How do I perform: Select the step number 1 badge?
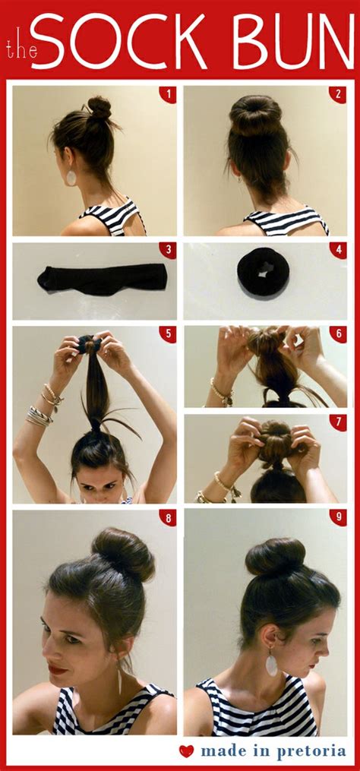[167, 94]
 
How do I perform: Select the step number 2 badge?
[338, 94]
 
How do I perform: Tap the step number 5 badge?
[167, 335]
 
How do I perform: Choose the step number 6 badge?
[338, 335]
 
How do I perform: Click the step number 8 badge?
[167, 519]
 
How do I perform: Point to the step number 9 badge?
[338, 519]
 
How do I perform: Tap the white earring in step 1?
[71, 177]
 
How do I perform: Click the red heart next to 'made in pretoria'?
[187, 751]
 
